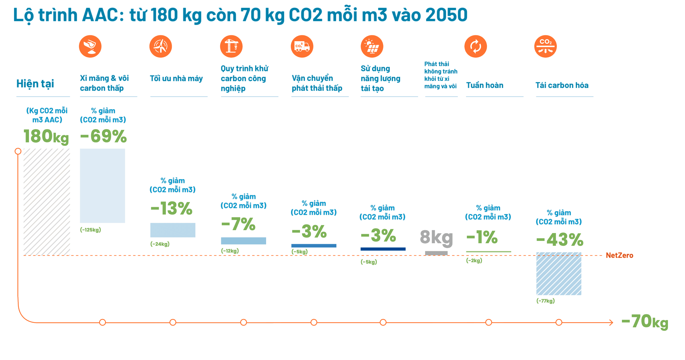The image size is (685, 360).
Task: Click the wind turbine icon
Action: pyautogui.click(x=161, y=46)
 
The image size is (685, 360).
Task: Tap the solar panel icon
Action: pyautogui.click(x=372, y=46)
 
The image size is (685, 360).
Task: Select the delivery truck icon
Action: pyautogui.click(x=302, y=46)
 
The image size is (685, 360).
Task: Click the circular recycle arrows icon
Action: pyautogui.click(x=476, y=46)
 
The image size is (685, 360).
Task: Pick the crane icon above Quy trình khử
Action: pyautogui.click(x=231, y=46)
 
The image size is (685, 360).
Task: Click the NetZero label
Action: pyautogui.click(x=619, y=255)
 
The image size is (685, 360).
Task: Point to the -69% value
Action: pyautogui.click(x=104, y=136)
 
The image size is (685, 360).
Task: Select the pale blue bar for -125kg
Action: pyautogui.click(x=102, y=186)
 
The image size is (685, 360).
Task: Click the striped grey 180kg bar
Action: pyautogui.click(x=47, y=202)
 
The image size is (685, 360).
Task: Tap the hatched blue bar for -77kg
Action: pyautogui.click(x=559, y=274)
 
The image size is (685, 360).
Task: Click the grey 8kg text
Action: pyautogui.click(x=436, y=237)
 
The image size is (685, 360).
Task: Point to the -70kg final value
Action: pyautogui.click(x=645, y=322)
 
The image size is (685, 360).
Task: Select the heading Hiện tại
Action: pyautogui.click(x=35, y=84)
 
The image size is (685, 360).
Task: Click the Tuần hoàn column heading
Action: pyautogui.click(x=485, y=85)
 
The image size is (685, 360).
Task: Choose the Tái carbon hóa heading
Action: pyautogui.click(x=562, y=85)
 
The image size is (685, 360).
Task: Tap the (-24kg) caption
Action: pyautogui.click(x=160, y=244)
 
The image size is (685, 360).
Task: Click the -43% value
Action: pyautogui.click(x=560, y=240)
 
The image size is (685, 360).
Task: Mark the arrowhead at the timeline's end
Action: pyautogui.click(x=611, y=322)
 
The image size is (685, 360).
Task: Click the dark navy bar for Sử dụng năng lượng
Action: pyautogui.click(x=383, y=249)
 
